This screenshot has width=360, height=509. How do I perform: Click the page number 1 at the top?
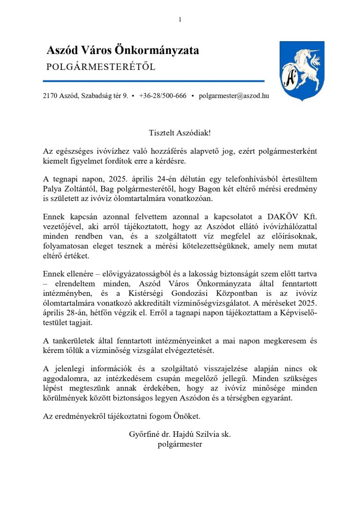coord(180,19)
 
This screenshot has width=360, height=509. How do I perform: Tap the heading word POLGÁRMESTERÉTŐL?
coord(101,67)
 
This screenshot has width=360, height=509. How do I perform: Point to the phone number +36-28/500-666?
coord(163,96)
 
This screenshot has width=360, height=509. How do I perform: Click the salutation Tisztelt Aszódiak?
coord(180,133)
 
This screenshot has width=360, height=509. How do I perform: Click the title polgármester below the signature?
coord(180,443)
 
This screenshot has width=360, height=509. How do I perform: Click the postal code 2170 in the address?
coord(50,96)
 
